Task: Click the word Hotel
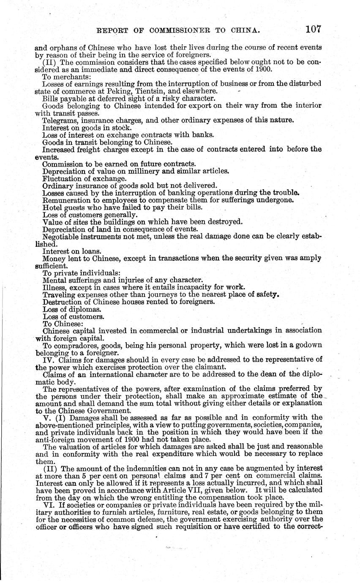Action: click(x=51, y=207)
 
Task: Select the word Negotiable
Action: click(x=63, y=236)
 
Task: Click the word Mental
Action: click(x=55, y=280)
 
